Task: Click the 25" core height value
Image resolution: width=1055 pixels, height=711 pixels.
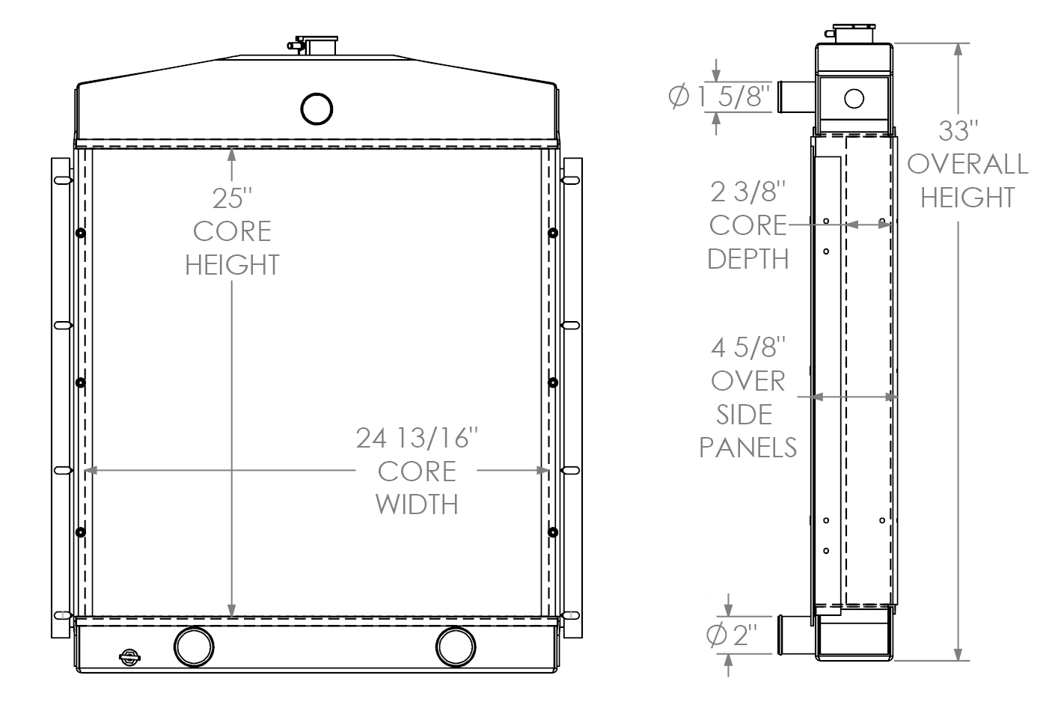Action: (x=232, y=198)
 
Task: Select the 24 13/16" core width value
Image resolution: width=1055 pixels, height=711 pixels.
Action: (x=416, y=438)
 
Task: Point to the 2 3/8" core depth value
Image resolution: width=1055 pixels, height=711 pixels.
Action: (x=748, y=192)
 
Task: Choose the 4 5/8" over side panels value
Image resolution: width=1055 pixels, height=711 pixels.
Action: (x=748, y=347)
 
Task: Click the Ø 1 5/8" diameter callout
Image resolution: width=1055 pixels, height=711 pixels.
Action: (x=719, y=97)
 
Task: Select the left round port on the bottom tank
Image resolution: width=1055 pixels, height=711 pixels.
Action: (x=194, y=646)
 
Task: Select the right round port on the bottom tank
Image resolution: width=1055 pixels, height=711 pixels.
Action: (x=456, y=646)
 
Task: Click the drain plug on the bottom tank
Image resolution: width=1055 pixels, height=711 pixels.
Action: (x=129, y=656)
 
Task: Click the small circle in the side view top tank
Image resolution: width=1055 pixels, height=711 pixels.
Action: (x=854, y=97)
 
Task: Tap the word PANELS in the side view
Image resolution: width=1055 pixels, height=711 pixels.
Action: (x=748, y=447)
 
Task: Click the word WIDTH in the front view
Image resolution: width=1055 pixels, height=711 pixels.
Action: (x=417, y=504)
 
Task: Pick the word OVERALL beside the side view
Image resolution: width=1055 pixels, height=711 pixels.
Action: (x=967, y=164)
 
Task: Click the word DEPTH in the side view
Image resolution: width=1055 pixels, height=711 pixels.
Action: (x=748, y=258)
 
